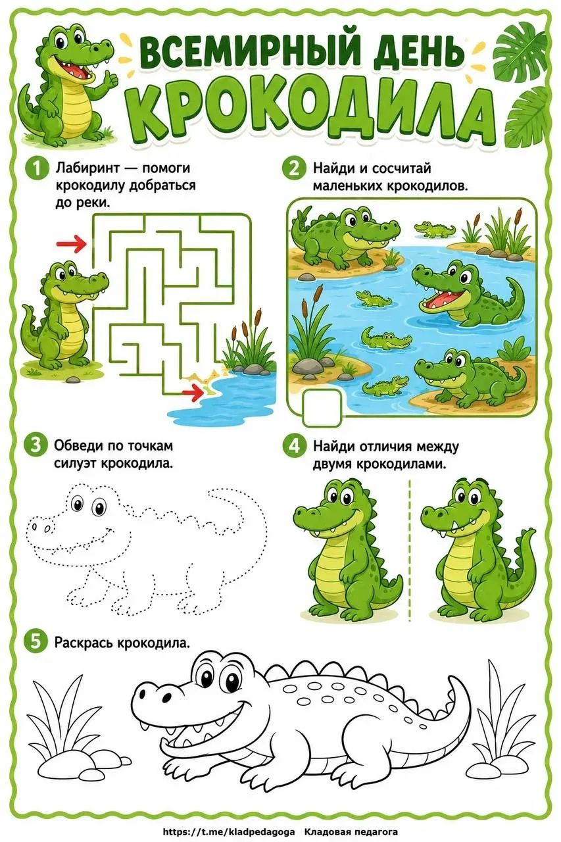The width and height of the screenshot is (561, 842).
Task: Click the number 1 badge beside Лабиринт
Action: point(36,168)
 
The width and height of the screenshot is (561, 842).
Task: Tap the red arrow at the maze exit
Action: point(193,393)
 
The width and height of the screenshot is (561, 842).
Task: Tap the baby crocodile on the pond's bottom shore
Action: point(385,386)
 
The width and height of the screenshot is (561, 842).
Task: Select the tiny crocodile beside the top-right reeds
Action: point(435,229)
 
